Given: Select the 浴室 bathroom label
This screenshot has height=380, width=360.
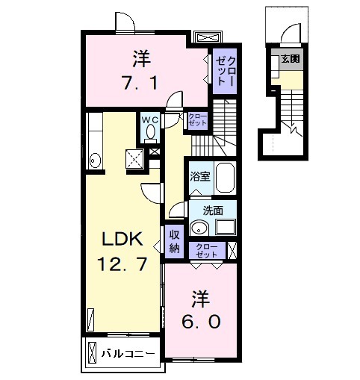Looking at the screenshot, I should [199, 177].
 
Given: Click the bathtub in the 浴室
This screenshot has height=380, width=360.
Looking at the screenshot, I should [224, 179].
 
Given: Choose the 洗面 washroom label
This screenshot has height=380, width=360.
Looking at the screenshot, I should [213, 211].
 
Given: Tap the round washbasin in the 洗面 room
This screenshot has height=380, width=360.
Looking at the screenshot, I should [198, 228].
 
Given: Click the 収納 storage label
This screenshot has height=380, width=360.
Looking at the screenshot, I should [173, 242].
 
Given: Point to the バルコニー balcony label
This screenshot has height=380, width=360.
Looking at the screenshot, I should [128, 352].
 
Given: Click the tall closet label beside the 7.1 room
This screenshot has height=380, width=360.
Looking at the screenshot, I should [224, 69].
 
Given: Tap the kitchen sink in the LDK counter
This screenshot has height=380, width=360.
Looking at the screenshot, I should [94, 158].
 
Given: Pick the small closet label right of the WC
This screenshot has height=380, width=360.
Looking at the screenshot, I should [197, 119].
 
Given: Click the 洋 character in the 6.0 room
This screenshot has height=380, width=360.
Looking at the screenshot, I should [200, 296].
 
